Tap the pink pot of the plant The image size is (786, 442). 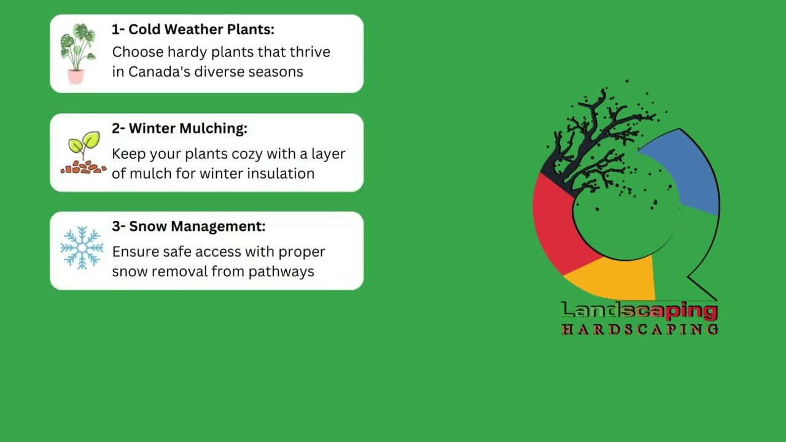[76, 77]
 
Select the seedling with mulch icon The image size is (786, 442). [84, 153]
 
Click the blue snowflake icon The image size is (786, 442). [82, 248]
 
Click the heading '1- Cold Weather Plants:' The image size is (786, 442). [193, 29]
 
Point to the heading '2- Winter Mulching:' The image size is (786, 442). [180, 128]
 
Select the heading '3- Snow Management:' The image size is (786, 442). [189, 227]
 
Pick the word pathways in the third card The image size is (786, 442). [281, 272]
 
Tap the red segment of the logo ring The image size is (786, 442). [558, 225]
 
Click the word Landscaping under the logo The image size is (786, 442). [639, 311]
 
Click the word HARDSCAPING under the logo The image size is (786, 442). [640, 330]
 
